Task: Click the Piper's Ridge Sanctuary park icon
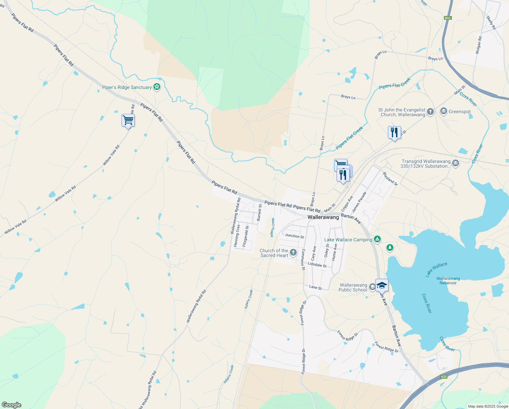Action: coord(157,87)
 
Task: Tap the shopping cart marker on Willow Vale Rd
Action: coord(128,120)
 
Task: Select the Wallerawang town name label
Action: coord(323,217)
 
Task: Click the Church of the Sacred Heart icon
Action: coord(293,253)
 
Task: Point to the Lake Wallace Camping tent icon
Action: coord(377,240)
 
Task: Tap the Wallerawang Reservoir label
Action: coord(448,281)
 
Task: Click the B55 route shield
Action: coord(448,18)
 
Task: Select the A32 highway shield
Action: coord(443,377)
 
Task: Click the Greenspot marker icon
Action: coord(443,111)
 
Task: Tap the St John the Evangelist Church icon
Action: coord(430,112)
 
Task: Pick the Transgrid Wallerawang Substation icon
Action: coord(456,164)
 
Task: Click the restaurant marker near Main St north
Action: coord(394,133)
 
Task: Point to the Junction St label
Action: coord(294,236)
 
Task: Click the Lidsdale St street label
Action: coord(317,265)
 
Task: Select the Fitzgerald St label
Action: coord(246,236)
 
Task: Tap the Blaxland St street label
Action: coord(390,178)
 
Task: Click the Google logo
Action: coord(11,405)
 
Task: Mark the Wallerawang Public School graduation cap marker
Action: coord(382,286)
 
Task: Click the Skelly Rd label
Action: coord(491,22)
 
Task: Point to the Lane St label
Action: coord(315,288)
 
